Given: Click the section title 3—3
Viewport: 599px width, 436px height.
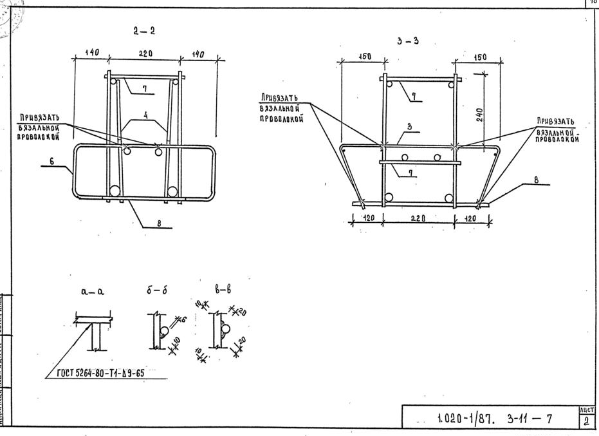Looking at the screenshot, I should (408, 41).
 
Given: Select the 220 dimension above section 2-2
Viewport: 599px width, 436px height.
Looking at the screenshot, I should (145, 54).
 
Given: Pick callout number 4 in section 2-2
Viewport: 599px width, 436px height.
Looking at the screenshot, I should (145, 115).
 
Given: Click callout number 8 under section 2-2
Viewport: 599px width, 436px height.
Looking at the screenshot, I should (159, 223).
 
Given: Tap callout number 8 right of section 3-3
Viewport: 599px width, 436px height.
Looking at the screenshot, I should (536, 180).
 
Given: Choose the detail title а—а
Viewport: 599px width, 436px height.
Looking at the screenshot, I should (93, 291).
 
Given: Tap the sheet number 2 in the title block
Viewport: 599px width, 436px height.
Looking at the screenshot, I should (587, 422).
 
